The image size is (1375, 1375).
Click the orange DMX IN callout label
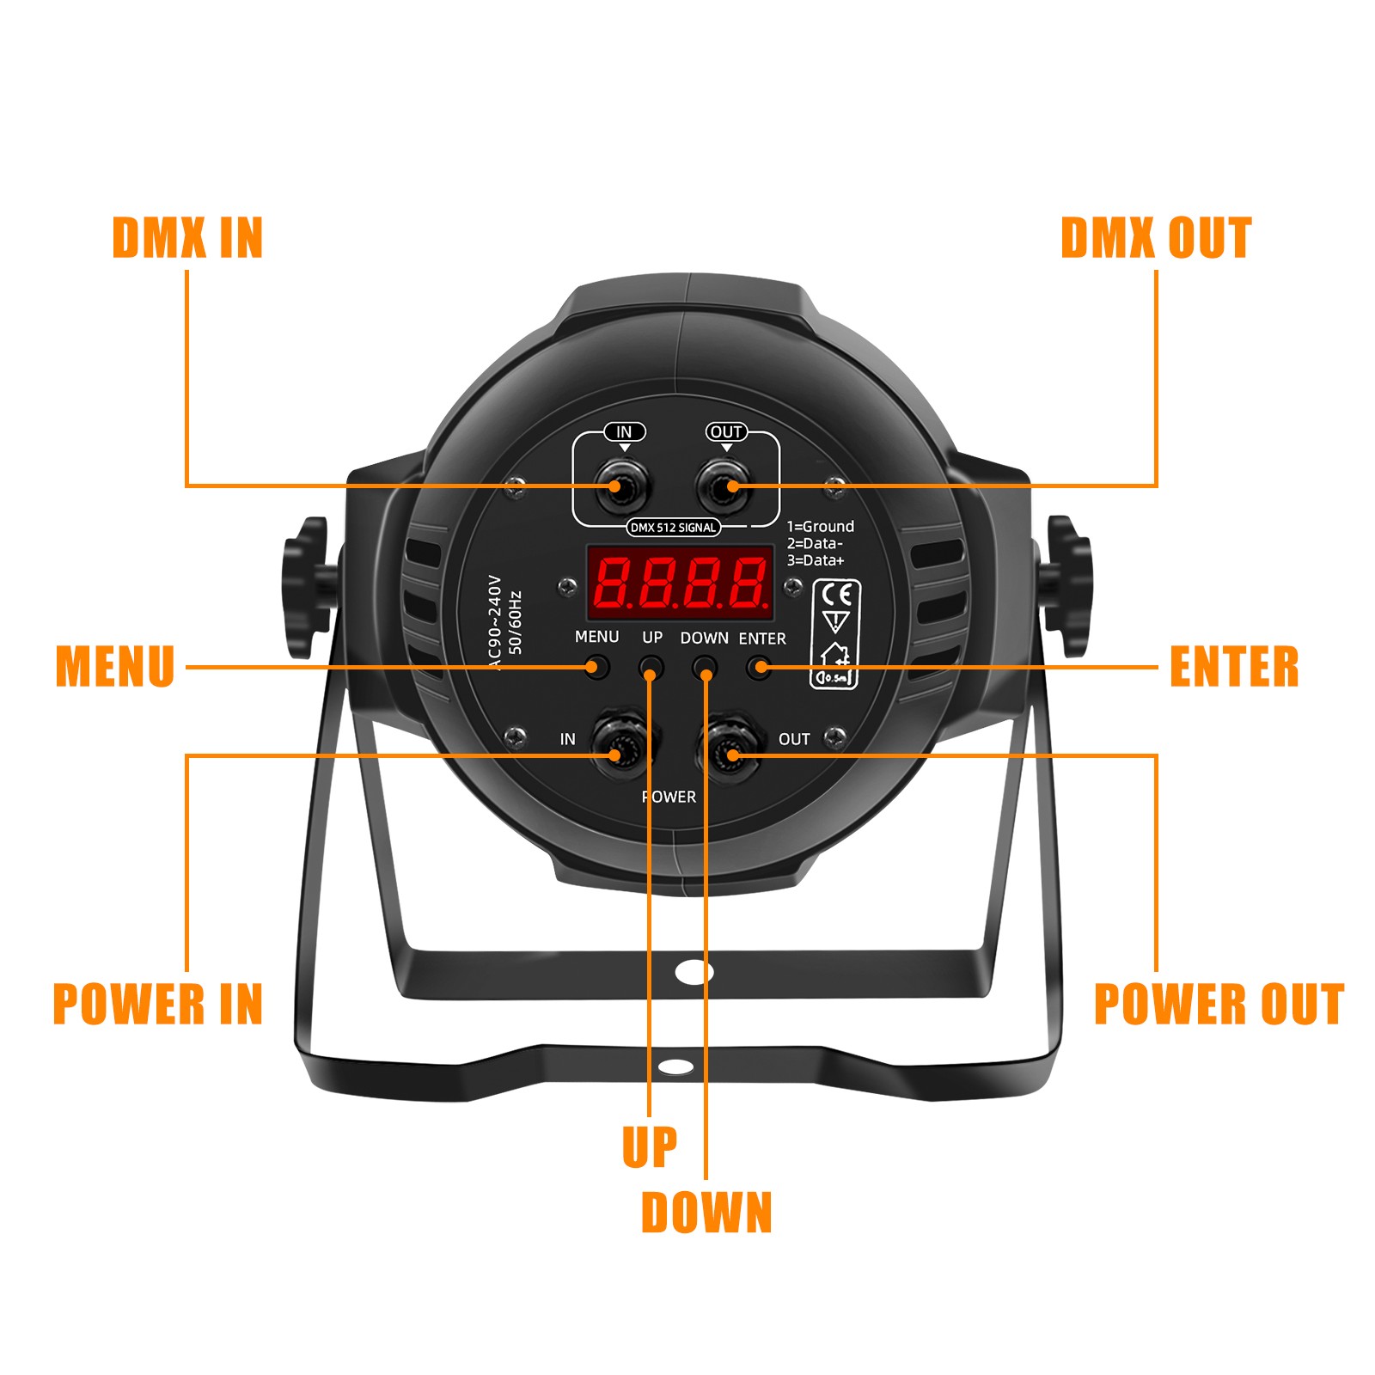(187, 238)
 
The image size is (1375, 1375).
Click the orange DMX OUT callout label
(1156, 238)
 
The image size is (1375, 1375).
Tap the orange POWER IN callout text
(158, 1004)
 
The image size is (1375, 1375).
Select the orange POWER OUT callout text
(1219, 1004)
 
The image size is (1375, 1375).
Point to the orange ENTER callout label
(1234, 667)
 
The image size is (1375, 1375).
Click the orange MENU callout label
(115, 667)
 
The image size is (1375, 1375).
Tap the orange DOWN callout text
(706, 1213)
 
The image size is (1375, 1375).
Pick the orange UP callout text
(650, 1146)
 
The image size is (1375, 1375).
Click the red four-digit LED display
(680, 582)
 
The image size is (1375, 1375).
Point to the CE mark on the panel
(836, 595)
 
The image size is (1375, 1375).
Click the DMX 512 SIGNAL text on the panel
(673, 528)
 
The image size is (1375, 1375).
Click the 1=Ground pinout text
(821, 527)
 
